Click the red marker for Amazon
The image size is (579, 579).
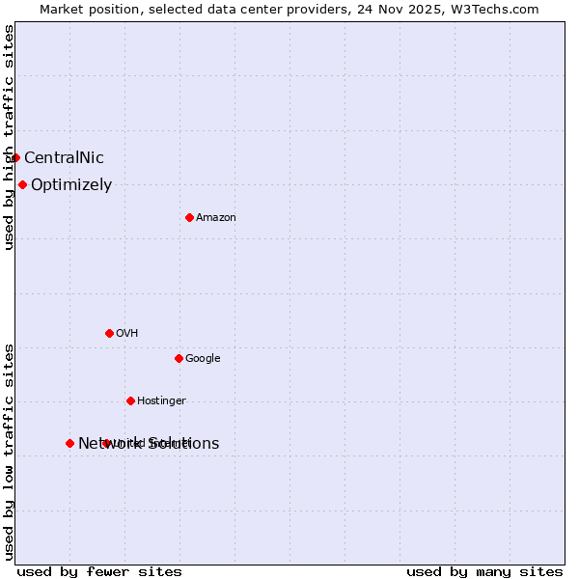point(189,217)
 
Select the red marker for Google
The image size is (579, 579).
point(179,358)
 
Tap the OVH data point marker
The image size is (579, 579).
point(109,333)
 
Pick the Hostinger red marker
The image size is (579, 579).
point(130,400)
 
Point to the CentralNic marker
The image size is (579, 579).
point(15,157)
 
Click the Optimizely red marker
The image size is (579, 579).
point(22,184)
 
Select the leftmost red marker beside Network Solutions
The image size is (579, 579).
point(69,443)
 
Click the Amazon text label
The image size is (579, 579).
point(216,218)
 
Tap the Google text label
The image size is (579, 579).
point(203,359)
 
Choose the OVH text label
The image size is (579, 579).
point(126,334)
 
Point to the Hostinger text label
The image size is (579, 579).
point(161,401)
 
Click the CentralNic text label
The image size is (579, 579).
point(64,158)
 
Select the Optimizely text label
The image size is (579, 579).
point(71,185)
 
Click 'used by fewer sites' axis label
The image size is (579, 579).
point(99,571)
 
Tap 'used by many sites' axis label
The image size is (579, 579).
point(484,571)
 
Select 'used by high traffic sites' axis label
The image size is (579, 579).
point(9,137)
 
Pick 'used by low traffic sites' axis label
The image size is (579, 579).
point(9,452)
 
